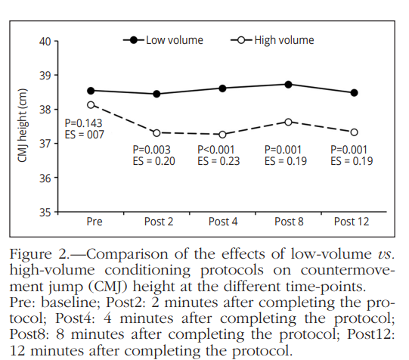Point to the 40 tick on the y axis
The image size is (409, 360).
[x=45, y=41]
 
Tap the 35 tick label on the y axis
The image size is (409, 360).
[x=45, y=213]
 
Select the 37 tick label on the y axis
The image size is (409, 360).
[x=45, y=144]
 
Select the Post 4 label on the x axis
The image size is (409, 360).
[x=222, y=221]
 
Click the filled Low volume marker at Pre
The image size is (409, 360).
[x=91, y=91]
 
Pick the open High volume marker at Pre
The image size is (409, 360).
[x=91, y=105]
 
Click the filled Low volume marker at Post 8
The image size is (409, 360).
[x=288, y=84]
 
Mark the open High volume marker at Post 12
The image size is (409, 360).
[x=354, y=132]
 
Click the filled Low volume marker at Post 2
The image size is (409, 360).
[x=156, y=94]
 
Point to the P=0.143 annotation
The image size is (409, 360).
[x=84, y=123]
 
